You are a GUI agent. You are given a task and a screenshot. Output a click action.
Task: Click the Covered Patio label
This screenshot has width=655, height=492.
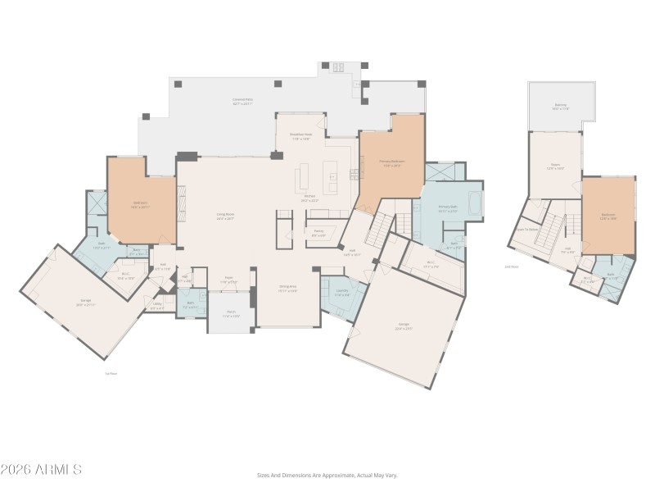242,102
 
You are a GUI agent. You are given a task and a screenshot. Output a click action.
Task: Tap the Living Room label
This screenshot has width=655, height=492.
225,216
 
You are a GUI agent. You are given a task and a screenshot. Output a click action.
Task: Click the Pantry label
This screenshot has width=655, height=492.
318,233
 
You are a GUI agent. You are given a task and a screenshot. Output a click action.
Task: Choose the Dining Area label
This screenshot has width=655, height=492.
287,289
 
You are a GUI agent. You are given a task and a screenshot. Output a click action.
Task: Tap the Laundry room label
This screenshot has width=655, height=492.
343,294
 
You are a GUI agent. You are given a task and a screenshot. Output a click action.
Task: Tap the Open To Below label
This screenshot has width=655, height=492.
526,230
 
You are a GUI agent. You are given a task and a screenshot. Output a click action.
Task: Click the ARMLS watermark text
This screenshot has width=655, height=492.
41,470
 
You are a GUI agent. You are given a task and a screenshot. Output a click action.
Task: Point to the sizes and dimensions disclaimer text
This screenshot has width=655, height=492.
327,475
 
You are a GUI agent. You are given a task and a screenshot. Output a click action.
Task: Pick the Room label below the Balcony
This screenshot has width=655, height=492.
555,166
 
